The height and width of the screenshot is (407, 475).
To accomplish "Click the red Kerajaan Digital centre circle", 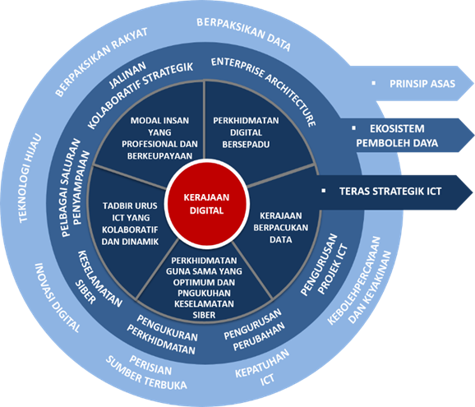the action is (x=207, y=204).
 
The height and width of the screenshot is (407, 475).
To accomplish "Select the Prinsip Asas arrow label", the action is (x=422, y=84).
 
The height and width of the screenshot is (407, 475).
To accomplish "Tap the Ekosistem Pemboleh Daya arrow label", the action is (x=397, y=136).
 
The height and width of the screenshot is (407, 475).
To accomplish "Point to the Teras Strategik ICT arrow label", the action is (x=390, y=192).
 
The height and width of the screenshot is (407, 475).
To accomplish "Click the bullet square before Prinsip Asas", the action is (x=374, y=83).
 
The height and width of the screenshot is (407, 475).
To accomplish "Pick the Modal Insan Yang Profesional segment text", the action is (x=159, y=138).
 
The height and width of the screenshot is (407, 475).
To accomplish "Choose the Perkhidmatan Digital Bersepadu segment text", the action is (x=246, y=132).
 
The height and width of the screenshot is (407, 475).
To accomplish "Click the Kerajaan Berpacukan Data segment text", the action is (x=280, y=228).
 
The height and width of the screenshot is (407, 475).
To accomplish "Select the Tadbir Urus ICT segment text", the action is (x=130, y=224).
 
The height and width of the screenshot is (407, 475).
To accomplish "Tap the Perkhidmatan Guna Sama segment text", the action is (x=204, y=288).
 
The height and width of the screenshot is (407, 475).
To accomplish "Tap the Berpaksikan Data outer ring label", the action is (x=244, y=34).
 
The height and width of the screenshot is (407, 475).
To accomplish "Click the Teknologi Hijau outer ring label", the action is (x=30, y=178).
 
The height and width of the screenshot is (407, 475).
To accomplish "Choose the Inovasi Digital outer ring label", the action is (x=58, y=298).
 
